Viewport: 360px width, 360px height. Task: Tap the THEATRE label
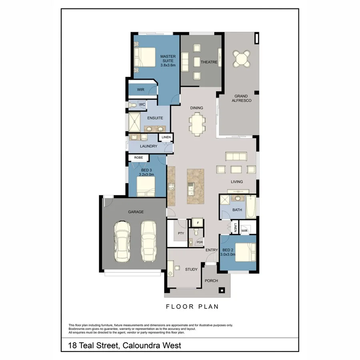click(x=209, y=62)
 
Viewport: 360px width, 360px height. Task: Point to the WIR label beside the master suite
click(x=140, y=90)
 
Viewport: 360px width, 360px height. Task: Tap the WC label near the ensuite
click(x=142, y=105)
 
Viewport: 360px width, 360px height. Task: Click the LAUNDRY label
click(x=148, y=146)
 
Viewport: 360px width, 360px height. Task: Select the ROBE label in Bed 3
click(x=138, y=158)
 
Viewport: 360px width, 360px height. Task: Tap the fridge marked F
click(x=197, y=222)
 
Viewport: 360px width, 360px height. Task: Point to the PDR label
click(x=199, y=242)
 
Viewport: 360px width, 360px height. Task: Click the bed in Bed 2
click(x=245, y=252)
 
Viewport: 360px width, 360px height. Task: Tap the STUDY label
click(x=191, y=269)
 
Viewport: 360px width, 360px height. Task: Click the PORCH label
click(x=211, y=280)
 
